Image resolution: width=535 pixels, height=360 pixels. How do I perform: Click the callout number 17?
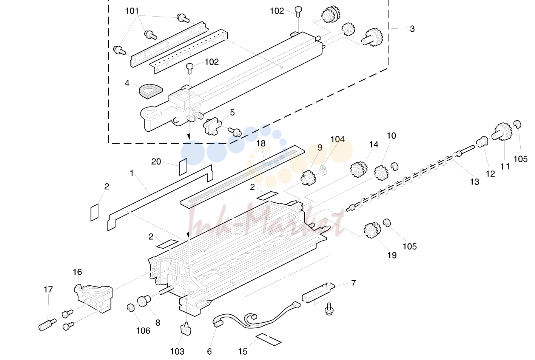pyautogui.click(x=48, y=289)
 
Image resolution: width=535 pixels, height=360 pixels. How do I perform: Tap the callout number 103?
pyautogui.click(x=177, y=351)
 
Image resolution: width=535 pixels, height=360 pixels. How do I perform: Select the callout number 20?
pyautogui.click(x=156, y=162)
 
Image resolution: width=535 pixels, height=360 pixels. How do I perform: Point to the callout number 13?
pyautogui.click(x=474, y=182)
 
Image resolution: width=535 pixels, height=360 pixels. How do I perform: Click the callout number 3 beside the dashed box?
pyautogui.click(x=412, y=29)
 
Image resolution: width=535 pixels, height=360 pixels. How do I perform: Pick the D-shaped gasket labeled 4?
pyautogui.click(x=151, y=91)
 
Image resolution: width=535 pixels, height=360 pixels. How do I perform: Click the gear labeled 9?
pyautogui.click(x=308, y=178)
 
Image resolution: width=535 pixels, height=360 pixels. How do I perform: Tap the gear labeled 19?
pyautogui.click(x=372, y=230)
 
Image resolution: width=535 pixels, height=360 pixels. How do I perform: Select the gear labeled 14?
pyautogui.click(x=359, y=169)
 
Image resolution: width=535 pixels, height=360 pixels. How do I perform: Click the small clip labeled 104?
pyautogui.click(x=323, y=170)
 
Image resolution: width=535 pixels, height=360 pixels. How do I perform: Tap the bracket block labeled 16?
pyautogui.click(x=94, y=298)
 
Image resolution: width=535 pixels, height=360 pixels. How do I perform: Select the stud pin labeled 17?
pyautogui.click(x=47, y=325)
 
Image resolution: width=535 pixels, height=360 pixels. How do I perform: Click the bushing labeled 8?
pyautogui.click(x=144, y=301)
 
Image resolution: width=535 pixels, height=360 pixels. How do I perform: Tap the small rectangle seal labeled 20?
pyautogui.click(x=183, y=167)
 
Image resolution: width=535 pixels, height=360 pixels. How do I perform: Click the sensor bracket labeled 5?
pyautogui.click(x=210, y=126)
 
